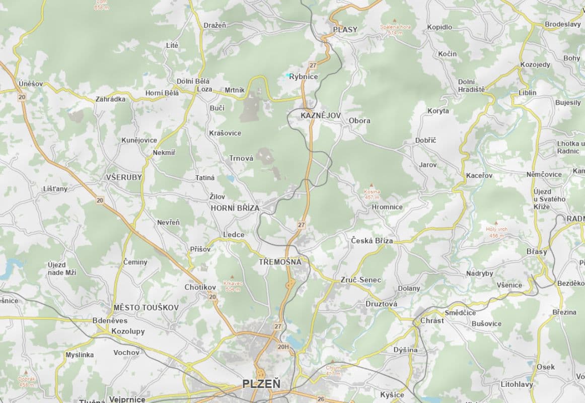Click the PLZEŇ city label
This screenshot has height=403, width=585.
click(261, 384)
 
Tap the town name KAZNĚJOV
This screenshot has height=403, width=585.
click(321, 115)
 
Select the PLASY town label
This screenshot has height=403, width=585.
click(345, 29)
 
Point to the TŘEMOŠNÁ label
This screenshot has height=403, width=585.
click(280, 262)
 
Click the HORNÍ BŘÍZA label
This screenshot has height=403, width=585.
click(235, 208)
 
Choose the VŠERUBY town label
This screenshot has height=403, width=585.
click(124, 177)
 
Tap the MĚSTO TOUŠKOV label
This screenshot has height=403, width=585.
click(146, 307)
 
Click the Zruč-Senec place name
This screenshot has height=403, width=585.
click(360, 280)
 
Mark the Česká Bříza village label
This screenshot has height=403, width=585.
click(372, 241)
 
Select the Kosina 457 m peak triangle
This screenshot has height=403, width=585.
click(372, 185)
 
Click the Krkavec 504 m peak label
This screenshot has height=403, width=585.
click(233, 286)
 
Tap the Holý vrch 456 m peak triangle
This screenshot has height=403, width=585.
click(496, 223)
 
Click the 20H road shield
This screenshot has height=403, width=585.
click(283, 347)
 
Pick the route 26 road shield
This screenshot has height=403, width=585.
click(321, 399)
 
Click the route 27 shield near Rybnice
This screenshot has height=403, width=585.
click(313, 65)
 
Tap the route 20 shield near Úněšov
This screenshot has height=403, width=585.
click(21, 97)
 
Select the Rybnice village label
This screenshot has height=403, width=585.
click(304, 77)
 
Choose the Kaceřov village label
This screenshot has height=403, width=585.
click(479, 175)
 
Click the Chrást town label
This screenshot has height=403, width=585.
click(432, 320)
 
